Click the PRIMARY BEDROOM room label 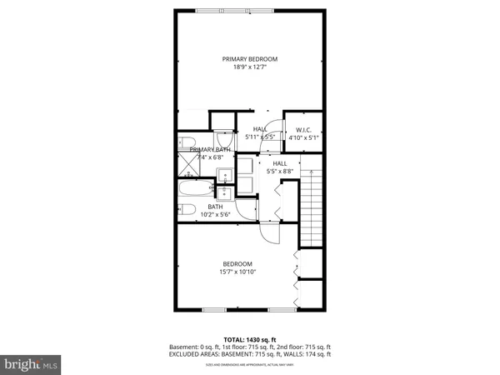click(x=249, y=58)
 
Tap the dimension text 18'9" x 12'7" click(x=249, y=67)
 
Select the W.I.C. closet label click(x=302, y=129)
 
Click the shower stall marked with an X click(x=185, y=164)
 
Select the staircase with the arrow click(x=310, y=204)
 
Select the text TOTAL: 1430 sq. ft click(x=249, y=339)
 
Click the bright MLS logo click(x=30, y=364)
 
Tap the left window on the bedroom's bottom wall click(x=214, y=310)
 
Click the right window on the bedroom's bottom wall click(x=280, y=310)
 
